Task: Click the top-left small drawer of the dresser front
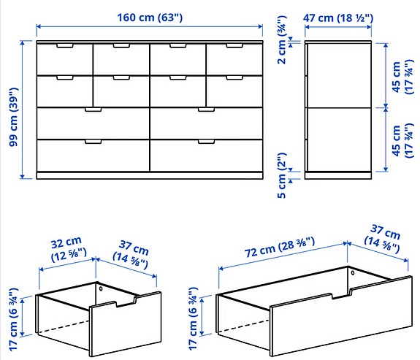[x=64, y=59]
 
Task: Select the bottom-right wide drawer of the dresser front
[x=206, y=154]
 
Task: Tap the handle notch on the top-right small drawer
[x=234, y=47]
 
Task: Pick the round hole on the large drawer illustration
[x=353, y=273]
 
